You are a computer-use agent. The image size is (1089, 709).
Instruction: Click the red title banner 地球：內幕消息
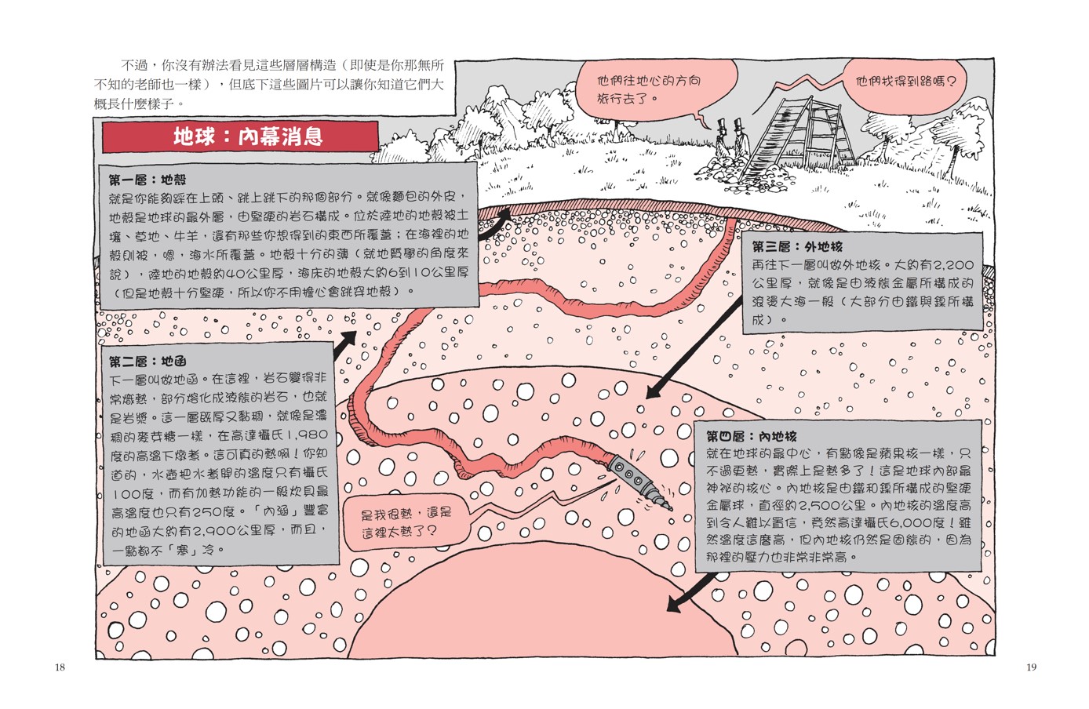[240, 136]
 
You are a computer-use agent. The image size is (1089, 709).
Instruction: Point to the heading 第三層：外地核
[796, 246]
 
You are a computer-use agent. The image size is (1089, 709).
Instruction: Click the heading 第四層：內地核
[751, 436]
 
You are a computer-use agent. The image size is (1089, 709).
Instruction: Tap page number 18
[60, 667]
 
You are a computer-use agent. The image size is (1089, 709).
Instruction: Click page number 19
[1031, 667]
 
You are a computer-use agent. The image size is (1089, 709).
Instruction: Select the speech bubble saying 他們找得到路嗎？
[905, 81]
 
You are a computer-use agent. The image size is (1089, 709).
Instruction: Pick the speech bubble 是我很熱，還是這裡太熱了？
[406, 522]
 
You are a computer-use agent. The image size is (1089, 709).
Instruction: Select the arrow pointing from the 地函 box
[345, 344]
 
